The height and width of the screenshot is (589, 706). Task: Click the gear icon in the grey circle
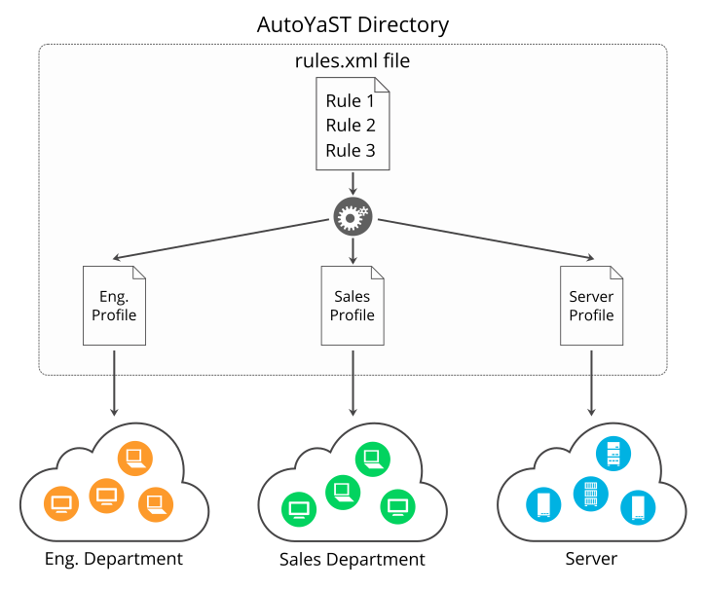[x=353, y=217]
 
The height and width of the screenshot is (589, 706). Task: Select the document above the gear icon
[x=353, y=125]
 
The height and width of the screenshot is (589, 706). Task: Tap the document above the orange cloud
[x=114, y=306]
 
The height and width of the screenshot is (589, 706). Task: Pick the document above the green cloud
[x=353, y=306]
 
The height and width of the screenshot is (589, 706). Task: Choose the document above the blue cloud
[x=591, y=306]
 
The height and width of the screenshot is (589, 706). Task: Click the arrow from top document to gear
[x=353, y=184]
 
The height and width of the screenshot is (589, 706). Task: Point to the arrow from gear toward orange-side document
[x=220, y=239]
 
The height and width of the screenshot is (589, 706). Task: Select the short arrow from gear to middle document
[x=353, y=251]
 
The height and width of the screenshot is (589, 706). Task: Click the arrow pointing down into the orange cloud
[x=114, y=384]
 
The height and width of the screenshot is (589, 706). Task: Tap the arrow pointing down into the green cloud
[x=353, y=384]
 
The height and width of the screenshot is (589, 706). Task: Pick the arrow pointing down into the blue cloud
[x=591, y=384]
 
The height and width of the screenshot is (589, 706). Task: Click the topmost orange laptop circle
[x=135, y=458]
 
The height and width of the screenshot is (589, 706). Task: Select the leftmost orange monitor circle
[x=61, y=503]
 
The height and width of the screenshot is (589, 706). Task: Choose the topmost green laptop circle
[x=372, y=458]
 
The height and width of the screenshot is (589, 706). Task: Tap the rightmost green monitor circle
[x=397, y=506]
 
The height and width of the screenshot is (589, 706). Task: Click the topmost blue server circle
[x=613, y=453]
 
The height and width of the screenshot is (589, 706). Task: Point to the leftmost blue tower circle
[x=543, y=504]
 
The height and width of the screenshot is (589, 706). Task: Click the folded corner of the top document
[x=382, y=86]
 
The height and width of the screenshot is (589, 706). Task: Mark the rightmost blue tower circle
[x=638, y=507]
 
